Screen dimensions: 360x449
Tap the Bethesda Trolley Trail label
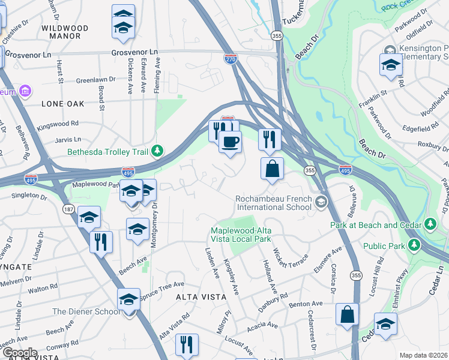pos(107,152)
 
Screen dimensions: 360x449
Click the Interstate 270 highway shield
pos(231,59)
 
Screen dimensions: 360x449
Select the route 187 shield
pos(68,208)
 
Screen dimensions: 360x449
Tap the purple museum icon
pos(25,91)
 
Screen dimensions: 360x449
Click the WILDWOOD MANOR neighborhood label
pos(65,32)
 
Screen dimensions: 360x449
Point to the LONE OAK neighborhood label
pos(63,104)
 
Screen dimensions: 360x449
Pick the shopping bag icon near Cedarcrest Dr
pos(347,314)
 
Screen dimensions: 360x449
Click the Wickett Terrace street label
pos(291,260)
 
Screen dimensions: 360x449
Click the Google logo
pos(19,353)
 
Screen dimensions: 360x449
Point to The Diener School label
pos(85,311)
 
